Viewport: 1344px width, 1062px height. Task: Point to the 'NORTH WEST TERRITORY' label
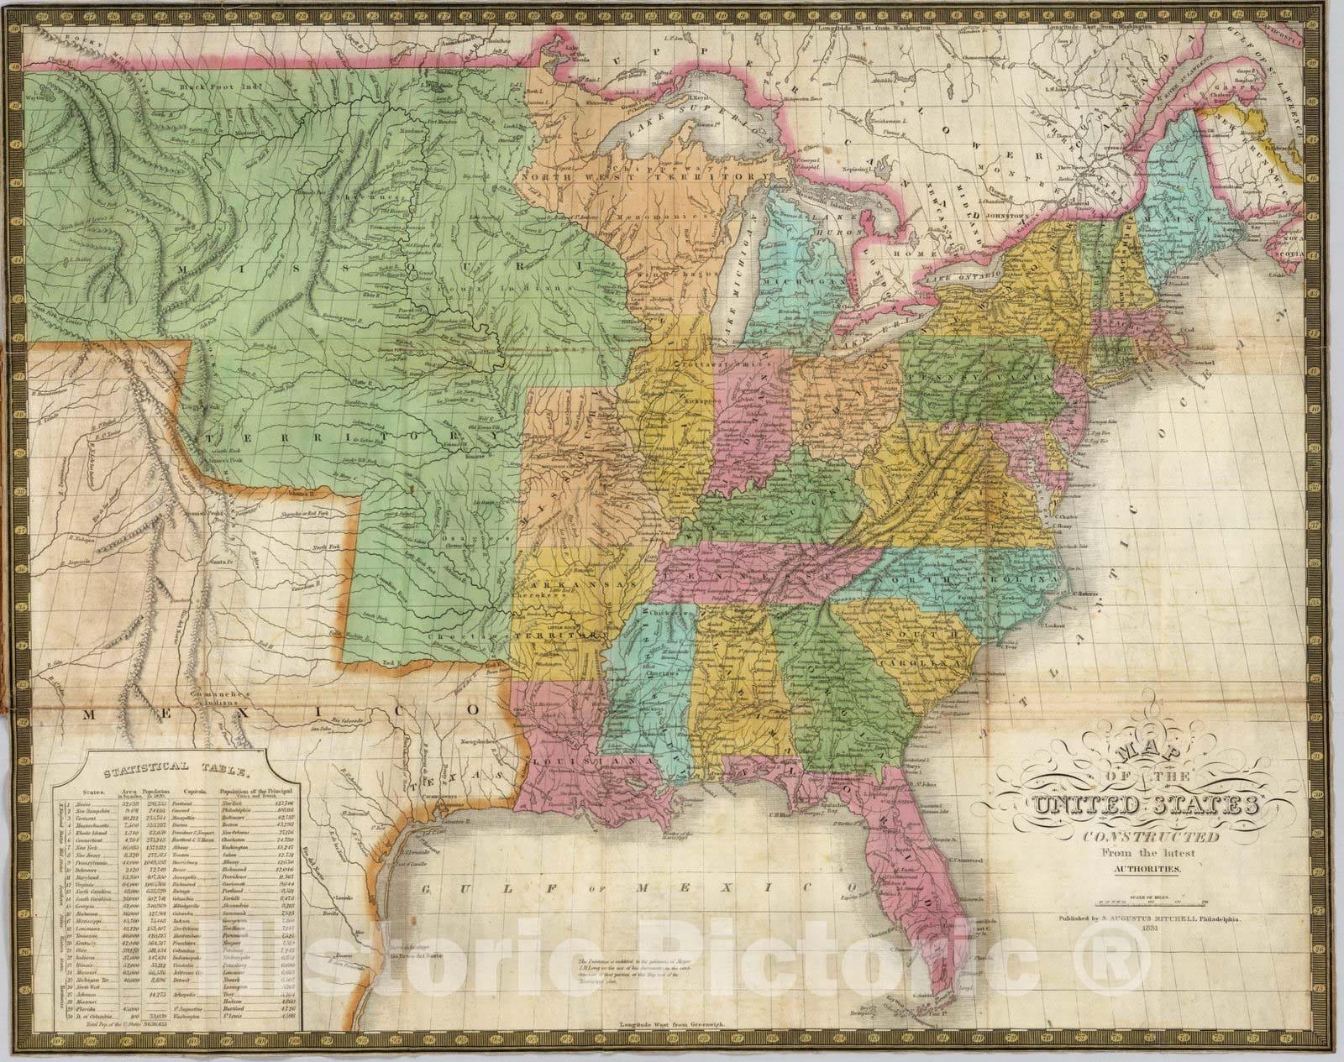tap(643, 178)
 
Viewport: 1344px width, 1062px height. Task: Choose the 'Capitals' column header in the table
tap(186, 792)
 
